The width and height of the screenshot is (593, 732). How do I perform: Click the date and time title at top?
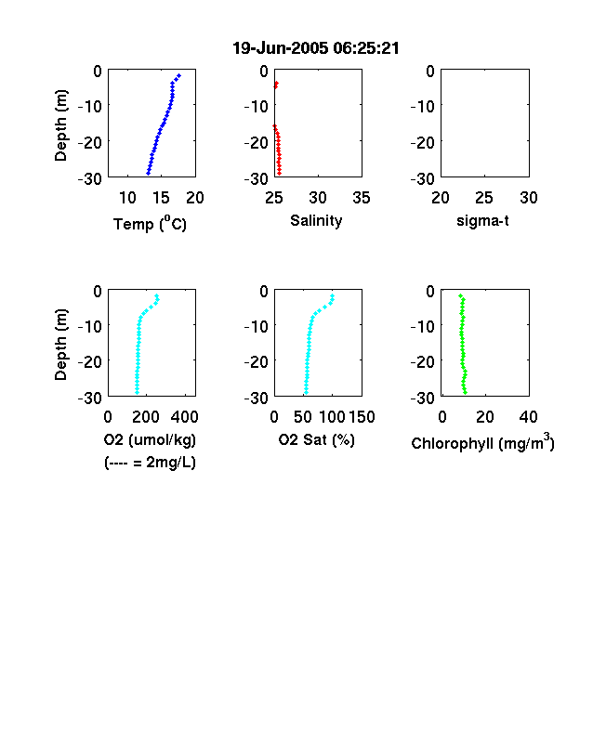(316, 48)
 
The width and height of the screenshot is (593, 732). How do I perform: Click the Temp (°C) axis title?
(150, 224)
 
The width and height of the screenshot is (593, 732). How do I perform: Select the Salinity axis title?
(316, 220)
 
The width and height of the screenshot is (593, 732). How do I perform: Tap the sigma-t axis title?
(482, 220)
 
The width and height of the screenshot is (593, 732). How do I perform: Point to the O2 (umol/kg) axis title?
(150, 439)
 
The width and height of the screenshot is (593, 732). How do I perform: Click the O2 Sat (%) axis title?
(317, 439)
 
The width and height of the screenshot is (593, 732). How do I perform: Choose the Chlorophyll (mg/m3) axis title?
(482, 442)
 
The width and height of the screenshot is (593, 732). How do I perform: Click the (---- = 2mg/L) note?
(150, 463)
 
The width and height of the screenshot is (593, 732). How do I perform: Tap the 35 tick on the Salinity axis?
(362, 198)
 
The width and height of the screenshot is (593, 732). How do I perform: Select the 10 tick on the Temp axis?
(127, 198)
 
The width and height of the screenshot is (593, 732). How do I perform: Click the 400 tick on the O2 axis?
(184, 416)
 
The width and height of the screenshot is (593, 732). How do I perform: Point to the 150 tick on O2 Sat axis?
(362, 416)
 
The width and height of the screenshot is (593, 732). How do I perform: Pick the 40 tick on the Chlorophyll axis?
(528, 416)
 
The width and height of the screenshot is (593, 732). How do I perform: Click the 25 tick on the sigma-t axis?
(484, 198)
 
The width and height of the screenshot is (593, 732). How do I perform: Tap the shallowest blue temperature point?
(178, 75)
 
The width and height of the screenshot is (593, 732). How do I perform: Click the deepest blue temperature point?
(148, 173)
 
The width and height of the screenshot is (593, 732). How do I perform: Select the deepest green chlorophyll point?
(465, 392)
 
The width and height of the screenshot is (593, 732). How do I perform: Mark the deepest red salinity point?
(279, 173)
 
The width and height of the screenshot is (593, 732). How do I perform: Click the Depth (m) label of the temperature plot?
(60, 125)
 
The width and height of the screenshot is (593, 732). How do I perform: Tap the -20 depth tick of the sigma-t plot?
(423, 142)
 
